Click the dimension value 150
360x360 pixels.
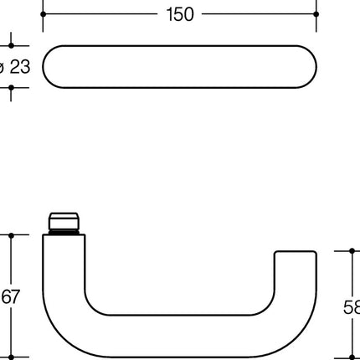tap(181, 14)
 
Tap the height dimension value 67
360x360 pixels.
tap(9, 297)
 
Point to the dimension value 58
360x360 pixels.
tap(352, 306)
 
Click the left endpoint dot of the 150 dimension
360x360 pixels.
tap(43, 14)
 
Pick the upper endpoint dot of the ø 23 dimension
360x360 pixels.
tap(11, 46)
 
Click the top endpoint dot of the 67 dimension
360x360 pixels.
tap(11, 235)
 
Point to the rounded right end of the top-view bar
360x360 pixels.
tap(307, 66)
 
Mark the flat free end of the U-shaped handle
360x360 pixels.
tap(297, 252)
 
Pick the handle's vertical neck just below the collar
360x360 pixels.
tap(63, 251)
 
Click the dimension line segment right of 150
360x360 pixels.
tap(260, 14)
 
